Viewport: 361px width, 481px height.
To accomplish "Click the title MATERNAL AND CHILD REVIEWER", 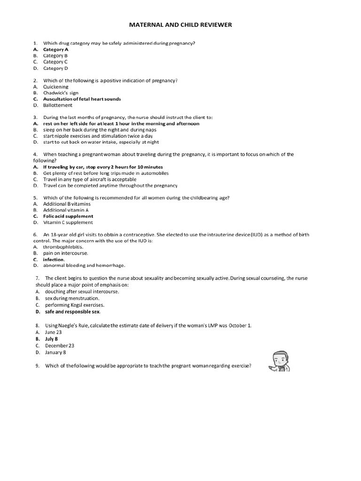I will (180, 24).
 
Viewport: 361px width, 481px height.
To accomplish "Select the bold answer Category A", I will (55, 49).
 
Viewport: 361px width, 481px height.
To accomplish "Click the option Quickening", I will (55, 87).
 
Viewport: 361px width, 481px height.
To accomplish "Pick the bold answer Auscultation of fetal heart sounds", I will (82, 99).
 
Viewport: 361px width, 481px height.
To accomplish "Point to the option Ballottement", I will (58, 105).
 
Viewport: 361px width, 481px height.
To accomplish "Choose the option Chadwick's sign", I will (61, 93).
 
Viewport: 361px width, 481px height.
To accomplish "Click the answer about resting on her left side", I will (121, 124).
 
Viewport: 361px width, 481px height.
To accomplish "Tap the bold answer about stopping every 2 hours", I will (103, 167).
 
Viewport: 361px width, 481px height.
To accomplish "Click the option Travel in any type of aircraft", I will (90, 179).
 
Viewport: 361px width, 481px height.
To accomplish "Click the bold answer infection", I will (54, 259).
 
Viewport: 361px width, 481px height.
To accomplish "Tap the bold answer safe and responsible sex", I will (73, 311).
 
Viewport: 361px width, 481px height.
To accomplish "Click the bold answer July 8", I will (52, 339).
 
